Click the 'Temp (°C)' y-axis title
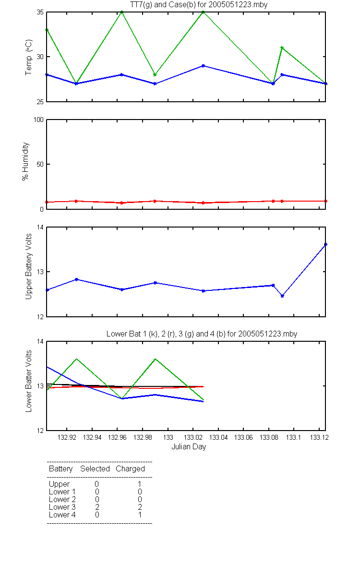pyautogui.click(x=28, y=57)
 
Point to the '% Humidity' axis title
pyautogui.click(x=25, y=161)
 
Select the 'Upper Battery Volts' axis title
pyautogui.click(x=28, y=266)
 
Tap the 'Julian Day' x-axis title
pyautogui.click(x=189, y=447)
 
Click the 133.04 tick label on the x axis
pyautogui.click(x=218, y=437)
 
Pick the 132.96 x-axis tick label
pyautogui.click(x=117, y=437)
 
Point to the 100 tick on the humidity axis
pyautogui.click(x=38, y=120)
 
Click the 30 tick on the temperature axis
pyautogui.click(x=40, y=57)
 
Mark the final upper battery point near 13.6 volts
pyautogui.click(x=325, y=244)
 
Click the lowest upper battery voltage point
pyautogui.click(x=282, y=296)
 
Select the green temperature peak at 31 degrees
pyautogui.click(x=282, y=48)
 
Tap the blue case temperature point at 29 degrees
pyautogui.click(x=203, y=66)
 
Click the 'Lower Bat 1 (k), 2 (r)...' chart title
pyautogui.click(x=202, y=334)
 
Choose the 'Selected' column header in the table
pyautogui.click(x=95, y=468)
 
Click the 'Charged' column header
pyautogui.click(x=130, y=469)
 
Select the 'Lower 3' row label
pyautogui.click(x=62, y=507)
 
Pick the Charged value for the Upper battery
pyautogui.click(x=140, y=484)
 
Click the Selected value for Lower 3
pyautogui.click(x=97, y=507)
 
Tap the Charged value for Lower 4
pyautogui.click(x=140, y=515)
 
